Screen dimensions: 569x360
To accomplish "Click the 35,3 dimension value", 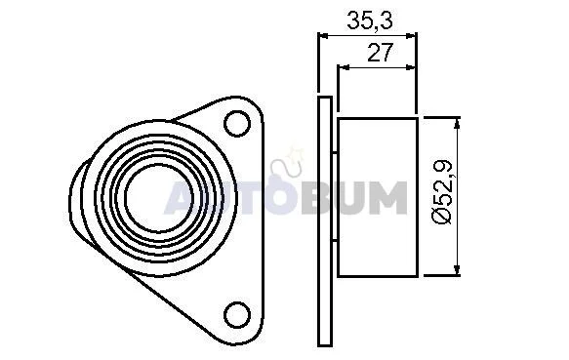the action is (x=370, y=20).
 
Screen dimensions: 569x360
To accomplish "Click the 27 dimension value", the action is (x=380, y=53).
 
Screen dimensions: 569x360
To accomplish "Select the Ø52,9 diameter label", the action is (x=443, y=191).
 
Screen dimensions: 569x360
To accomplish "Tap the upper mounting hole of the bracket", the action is (x=237, y=123).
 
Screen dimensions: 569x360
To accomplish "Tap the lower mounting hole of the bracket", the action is (x=237, y=315).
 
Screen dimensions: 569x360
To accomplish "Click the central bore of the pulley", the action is (x=159, y=196).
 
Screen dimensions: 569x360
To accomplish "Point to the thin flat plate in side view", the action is (x=325, y=221).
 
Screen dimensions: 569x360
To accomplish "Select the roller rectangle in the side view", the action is (x=378, y=197).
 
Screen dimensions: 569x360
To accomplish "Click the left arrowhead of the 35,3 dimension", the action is (x=323, y=35).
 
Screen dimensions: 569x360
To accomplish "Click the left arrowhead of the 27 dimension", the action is (x=343, y=67).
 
